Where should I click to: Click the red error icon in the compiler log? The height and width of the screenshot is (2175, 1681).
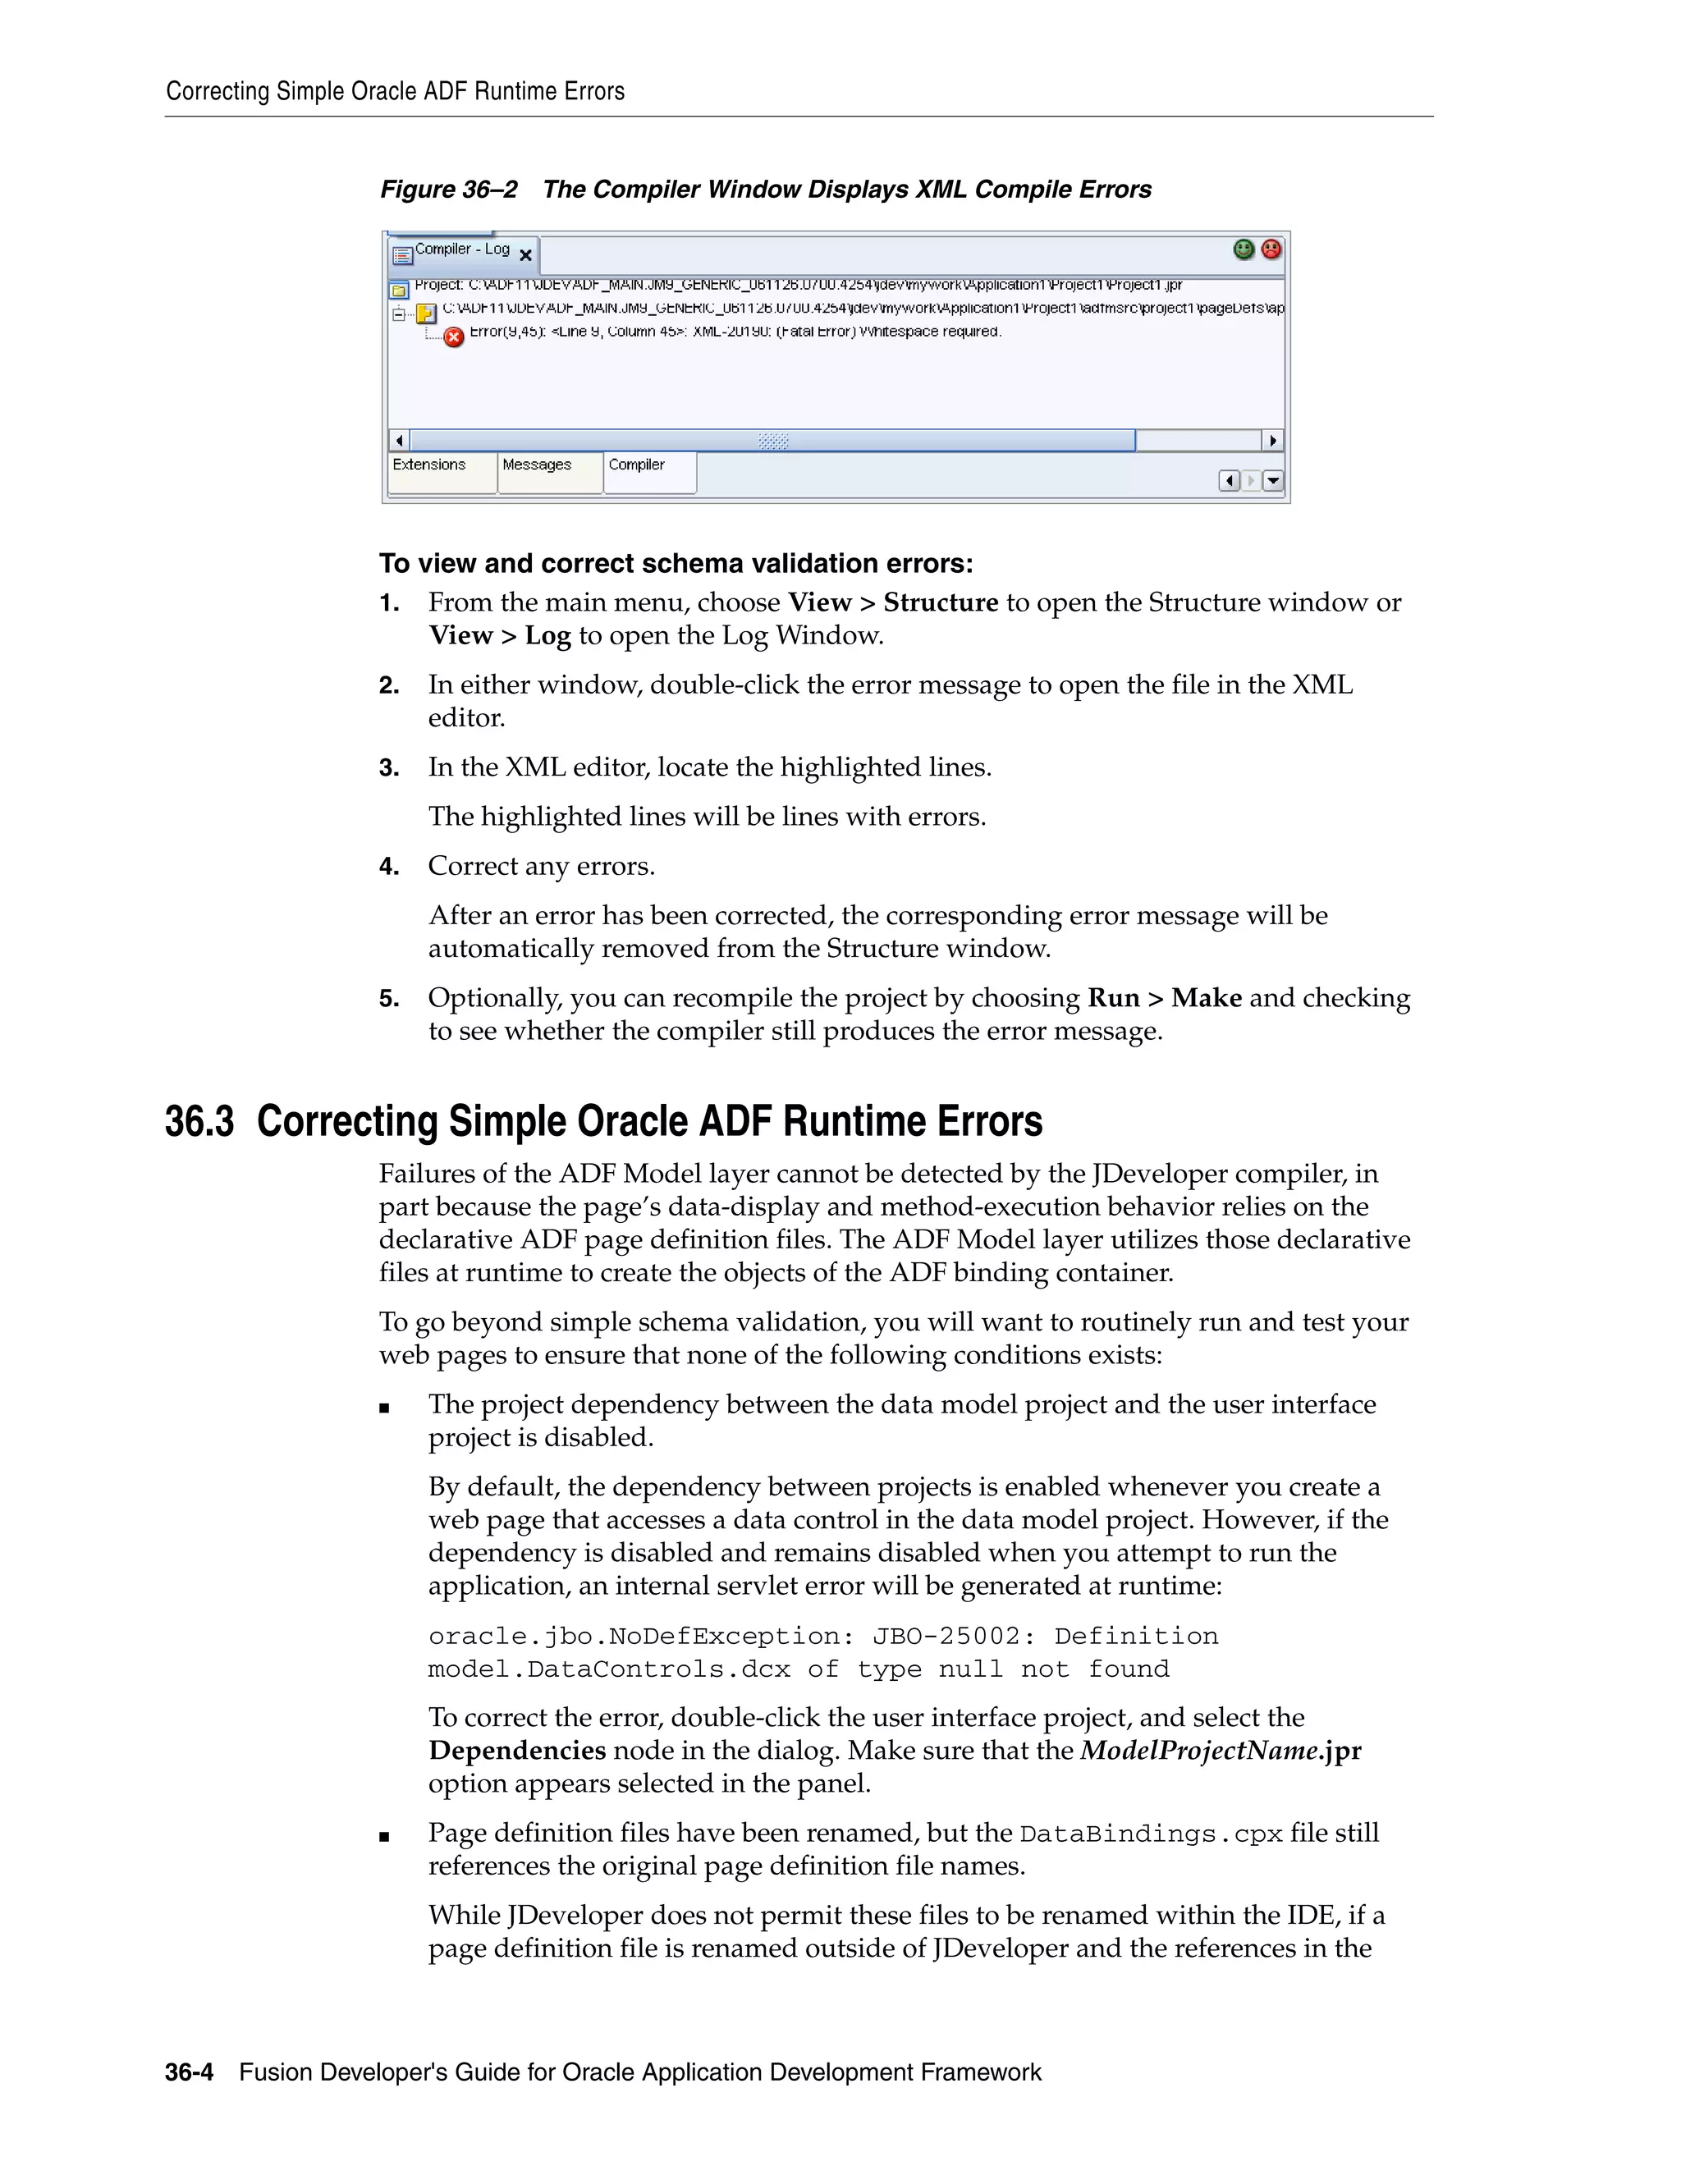click(x=453, y=337)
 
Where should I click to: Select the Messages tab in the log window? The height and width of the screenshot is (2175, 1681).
click(x=537, y=465)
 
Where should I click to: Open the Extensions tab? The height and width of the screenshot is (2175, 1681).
click(x=429, y=465)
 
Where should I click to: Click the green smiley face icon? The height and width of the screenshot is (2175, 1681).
click(x=1243, y=249)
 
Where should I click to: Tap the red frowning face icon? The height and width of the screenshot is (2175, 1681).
click(x=1271, y=249)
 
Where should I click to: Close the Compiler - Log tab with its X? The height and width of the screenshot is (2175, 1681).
click(x=526, y=256)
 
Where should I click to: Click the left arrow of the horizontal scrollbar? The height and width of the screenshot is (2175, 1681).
click(x=398, y=440)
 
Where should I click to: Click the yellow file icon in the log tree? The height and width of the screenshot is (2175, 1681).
click(x=426, y=313)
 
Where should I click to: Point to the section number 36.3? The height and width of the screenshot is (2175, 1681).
click(x=199, y=1121)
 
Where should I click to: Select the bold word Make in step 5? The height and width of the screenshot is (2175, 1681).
click(x=1206, y=998)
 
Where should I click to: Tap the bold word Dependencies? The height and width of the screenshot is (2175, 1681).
click(x=517, y=1750)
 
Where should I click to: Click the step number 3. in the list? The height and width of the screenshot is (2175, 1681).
click(x=388, y=768)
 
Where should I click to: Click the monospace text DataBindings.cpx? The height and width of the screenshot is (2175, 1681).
click(x=1152, y=1834)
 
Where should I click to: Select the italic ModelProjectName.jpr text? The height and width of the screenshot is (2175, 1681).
click(x=1220, y=1750)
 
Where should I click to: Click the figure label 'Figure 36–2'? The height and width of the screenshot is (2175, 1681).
click(x=448, y=190)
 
